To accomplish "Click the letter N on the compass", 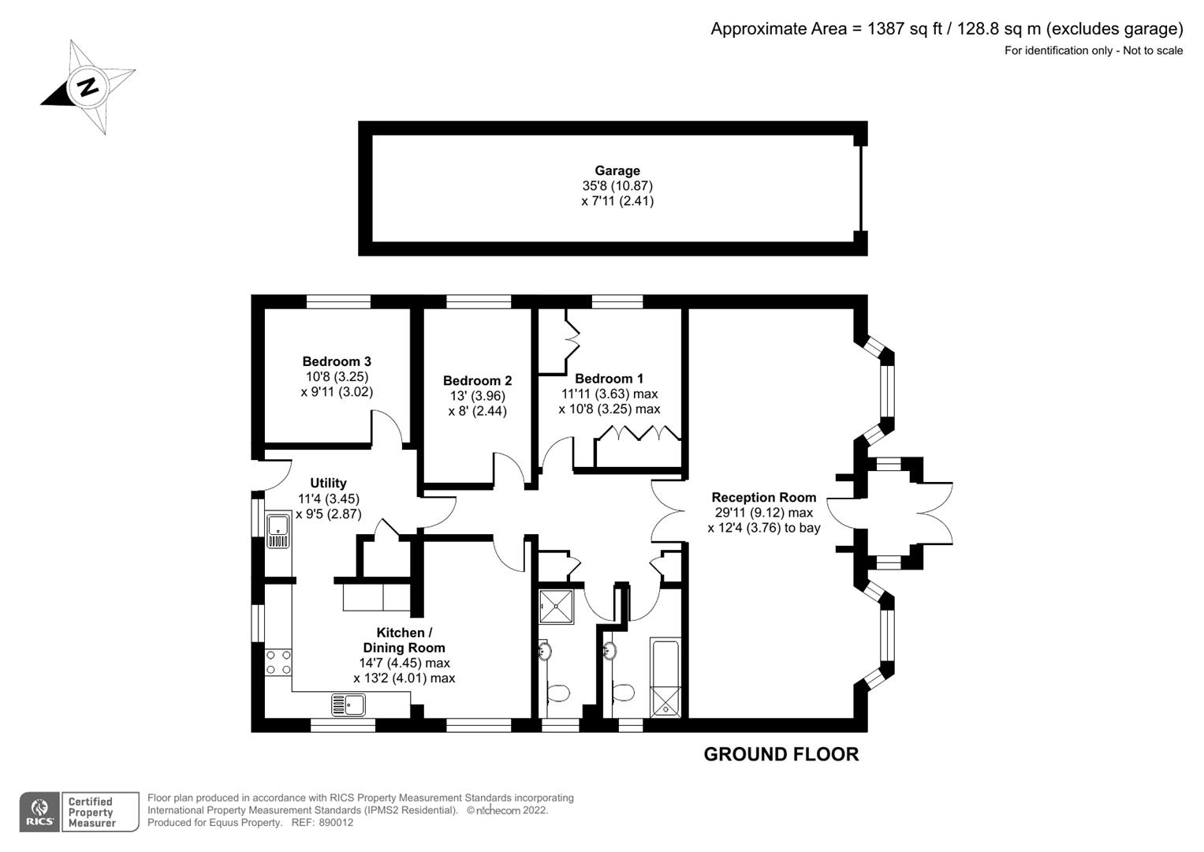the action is pos(87,87).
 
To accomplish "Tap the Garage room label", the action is pos(617,170).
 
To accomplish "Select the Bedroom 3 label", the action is pos(337,361).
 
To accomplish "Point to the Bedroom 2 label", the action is pos(477,381).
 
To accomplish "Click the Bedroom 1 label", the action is pos(609,379).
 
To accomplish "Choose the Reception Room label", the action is pos(764,498).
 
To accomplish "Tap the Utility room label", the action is pos(329,483).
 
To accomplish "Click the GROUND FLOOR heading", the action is pos(781,755).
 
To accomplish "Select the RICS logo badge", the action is pos(39,813).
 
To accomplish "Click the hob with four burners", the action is pos(278,662).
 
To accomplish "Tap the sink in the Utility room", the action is pos(278,530).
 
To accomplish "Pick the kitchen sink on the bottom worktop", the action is pos(349,704).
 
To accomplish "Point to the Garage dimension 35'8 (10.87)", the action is pos(617,186).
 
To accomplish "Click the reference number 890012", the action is pos(336,822).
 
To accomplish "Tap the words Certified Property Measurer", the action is pos(91,813).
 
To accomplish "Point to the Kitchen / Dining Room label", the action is pos(404,640).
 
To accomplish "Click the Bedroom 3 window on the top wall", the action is pos(338,301).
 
